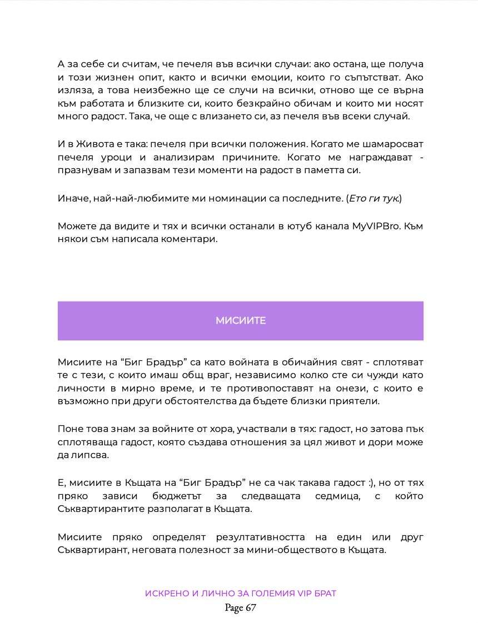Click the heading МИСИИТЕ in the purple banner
[x=240, y=320]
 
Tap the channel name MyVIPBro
[x=374, y=227]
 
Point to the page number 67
[x=250, y=608]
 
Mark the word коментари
[x=192, y=239]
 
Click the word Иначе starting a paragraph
[x=72, y=198]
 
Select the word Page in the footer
[x=233, y=608]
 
